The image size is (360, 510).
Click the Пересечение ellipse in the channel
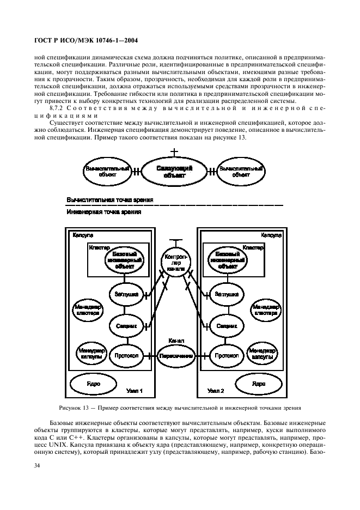176,355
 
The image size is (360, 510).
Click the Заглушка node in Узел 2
226,294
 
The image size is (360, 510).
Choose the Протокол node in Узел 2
226,355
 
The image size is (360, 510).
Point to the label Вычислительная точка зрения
109,200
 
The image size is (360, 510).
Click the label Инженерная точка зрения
104,212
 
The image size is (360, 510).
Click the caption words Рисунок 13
75,408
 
